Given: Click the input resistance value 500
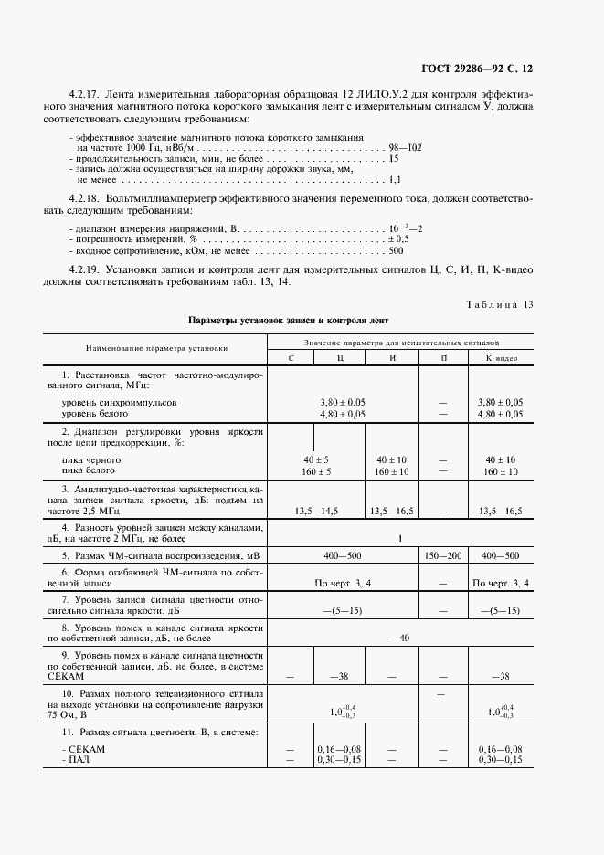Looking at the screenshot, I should coord(396,249).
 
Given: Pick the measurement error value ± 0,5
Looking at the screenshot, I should coord(398,237).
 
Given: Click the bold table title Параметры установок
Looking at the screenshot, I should coord(288,322).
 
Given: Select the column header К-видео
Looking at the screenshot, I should coord(501,358).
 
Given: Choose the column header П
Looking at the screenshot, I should coord(443,358).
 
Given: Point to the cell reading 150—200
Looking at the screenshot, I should coord(443,554).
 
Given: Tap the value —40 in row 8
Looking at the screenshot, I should coord(399,638).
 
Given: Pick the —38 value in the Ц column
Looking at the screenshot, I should coord(340,676).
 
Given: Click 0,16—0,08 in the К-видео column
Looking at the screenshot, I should coord(501,748).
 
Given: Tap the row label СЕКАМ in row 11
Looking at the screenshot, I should coord(83,748).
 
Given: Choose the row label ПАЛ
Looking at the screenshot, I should coord(77,759).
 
